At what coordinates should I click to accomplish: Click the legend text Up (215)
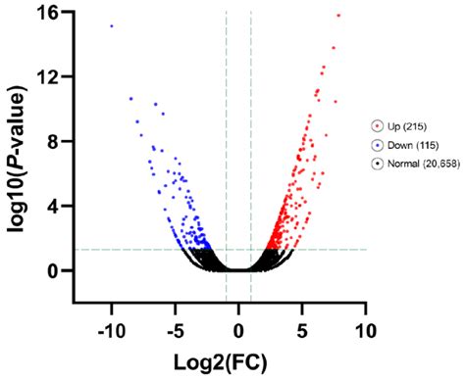408,125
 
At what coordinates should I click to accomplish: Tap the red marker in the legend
378,125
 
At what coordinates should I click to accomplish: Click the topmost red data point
338,15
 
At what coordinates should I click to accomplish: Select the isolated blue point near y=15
111,26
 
